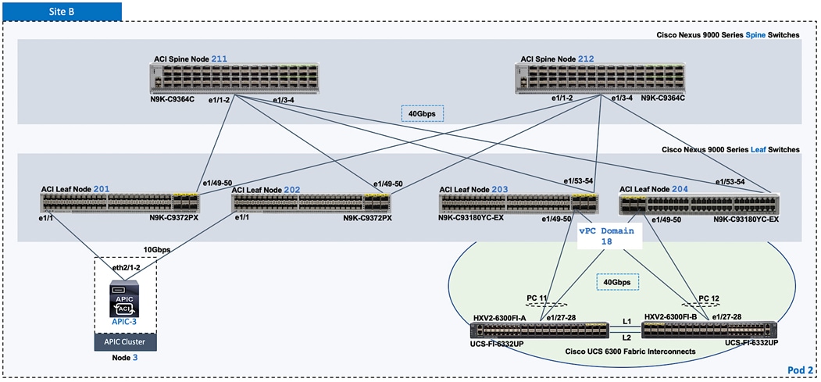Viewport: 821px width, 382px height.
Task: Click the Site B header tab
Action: [x=61, y=10]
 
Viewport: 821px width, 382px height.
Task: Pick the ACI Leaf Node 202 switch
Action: [x=312, y=204]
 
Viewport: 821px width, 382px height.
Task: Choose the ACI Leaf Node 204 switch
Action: [x=699, y=205]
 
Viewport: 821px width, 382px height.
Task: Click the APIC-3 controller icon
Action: [x=126, y=300]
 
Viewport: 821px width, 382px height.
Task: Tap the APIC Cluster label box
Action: [x=126, y=341]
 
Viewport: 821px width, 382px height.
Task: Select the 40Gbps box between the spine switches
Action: [x=423, y=113]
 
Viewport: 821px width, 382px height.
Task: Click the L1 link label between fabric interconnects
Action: [x=626, y=320]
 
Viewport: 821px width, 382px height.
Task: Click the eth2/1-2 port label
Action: [x=126, y=268]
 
